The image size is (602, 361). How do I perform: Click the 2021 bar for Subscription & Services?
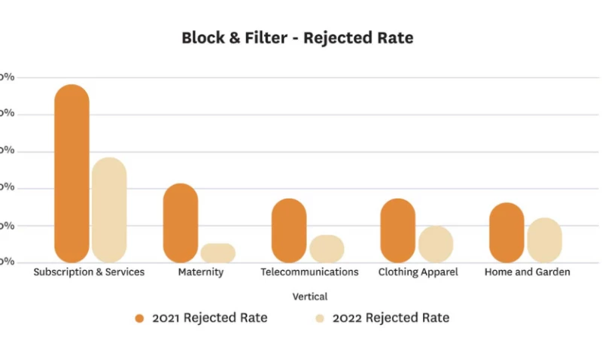(x=72, y=174)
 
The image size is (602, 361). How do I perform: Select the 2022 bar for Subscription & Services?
(x=109, y=210)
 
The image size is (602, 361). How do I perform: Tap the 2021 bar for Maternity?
(x=181, y=223)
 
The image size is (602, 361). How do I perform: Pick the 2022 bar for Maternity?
(x=218, y=253)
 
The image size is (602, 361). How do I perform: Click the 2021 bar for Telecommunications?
(x=289, y=230)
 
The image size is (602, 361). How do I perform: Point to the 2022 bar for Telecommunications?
(x=327, y=249)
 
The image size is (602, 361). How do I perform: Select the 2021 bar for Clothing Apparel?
(x=397, y=230)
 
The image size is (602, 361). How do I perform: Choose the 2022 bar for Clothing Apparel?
(x=436, y=244)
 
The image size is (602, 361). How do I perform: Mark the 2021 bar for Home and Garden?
(x=506, y=232)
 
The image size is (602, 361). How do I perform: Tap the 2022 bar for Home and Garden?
(x=544, y=240)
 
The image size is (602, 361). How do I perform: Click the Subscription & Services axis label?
(x=89, y=272)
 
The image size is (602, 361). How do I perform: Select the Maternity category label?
(x=201, y=272)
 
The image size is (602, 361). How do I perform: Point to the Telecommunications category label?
(x=309, y=272)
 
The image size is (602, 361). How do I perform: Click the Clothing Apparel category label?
(x=418, y=272)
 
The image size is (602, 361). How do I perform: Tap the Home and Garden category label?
(x=527, y=272)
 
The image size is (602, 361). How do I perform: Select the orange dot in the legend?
(x=139, y=318)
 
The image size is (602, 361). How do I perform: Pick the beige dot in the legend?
(x=320, y=318)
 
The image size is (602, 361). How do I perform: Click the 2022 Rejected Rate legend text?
(x=391, y=318)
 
